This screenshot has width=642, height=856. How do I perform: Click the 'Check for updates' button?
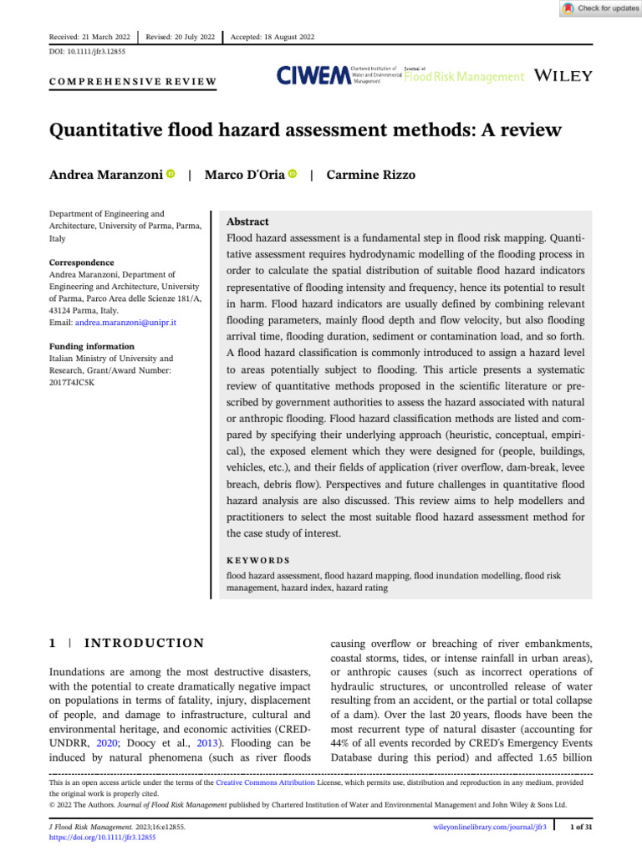pyautogui.click(x=598, y=8)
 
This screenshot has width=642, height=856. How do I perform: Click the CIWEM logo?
pyautogui.click(x=313, y=76)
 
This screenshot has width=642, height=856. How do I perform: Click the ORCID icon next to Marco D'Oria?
pyautogui.click(x=293, y=174)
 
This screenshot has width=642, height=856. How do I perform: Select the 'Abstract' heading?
pyautogui.click(x=247, y=222)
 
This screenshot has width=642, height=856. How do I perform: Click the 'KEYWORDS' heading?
pyautogui.click(x=258, y=560)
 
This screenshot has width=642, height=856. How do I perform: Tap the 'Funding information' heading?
pyautogui.click(x=92, y=346)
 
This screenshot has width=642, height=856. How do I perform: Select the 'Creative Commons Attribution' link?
pyautogui.click(x=265, y=783)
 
